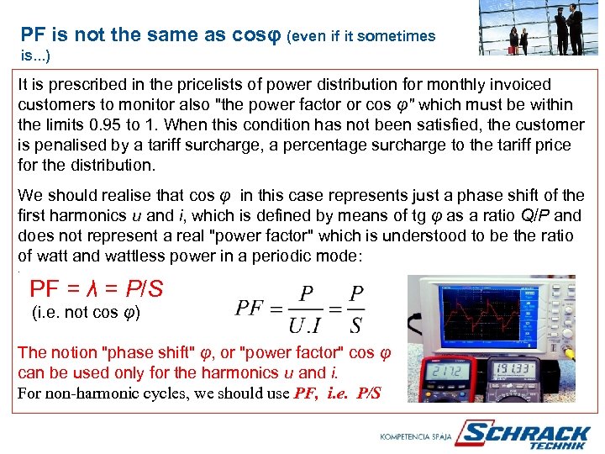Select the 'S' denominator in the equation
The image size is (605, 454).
[356, 325]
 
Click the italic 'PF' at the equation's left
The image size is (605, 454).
[250, 308]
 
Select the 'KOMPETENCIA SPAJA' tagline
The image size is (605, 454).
[416, 437]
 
